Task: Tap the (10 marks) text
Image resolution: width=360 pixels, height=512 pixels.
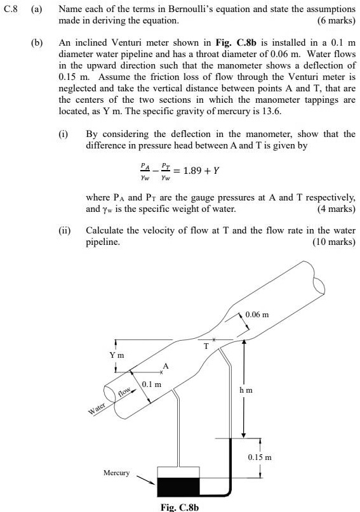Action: click(334, 242)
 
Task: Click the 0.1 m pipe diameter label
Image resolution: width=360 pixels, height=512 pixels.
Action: click(151, 384)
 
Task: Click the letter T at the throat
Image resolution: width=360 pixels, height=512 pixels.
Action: click(206, 346)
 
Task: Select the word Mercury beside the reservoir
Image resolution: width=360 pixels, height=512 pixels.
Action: click(116, 473)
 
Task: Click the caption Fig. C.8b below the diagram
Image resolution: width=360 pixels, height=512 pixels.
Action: click(180, 507)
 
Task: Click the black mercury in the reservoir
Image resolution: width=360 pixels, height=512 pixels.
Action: click(178, 487)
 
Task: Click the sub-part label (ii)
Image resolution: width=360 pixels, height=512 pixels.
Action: click(64, 231)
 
